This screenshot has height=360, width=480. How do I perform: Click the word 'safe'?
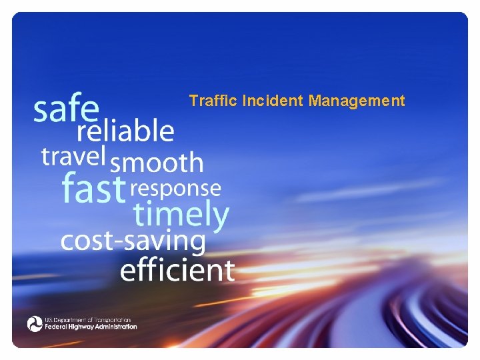coord(67,109)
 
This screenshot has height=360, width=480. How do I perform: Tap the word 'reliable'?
coord(125,131)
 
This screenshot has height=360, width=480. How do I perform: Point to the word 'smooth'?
coord(157,162)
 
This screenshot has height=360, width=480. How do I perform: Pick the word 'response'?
coord(176,189)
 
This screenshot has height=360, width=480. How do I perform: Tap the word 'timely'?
coord(181,215)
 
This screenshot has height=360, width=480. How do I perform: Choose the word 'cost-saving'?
coord(133,241)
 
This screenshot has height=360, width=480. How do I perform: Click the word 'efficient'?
coord(177,270)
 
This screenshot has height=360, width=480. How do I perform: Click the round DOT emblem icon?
coord(35,324)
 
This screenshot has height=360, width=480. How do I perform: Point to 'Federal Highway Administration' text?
coord(91,327)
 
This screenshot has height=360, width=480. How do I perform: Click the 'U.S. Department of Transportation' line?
coord(88,320)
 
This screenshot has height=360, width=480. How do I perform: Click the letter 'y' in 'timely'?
coord(219,217)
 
